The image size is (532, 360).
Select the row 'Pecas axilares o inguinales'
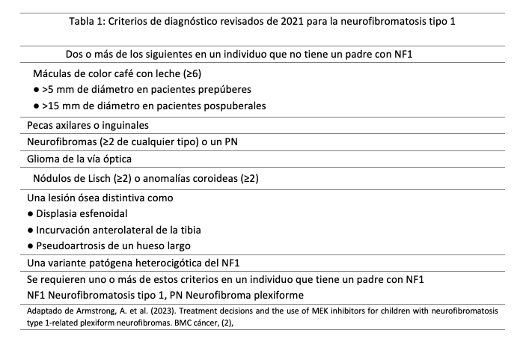point(88,125)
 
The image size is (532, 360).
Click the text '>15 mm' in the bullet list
point(61,106)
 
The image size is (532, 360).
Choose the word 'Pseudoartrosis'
point(73,246)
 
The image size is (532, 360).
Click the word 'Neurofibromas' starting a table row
point(64,142)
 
